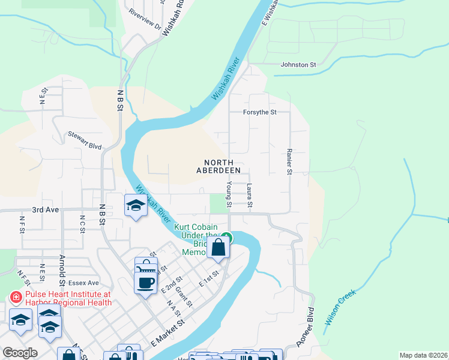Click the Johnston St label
[x=298, y=65]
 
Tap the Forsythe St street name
[x=259, y=112]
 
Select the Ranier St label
[x=289, y=163]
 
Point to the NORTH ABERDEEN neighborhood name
[x=223, y=166]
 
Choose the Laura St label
[x=249, y=197]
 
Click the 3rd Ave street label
[x=46, y=210]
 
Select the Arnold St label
[x=62, y=269]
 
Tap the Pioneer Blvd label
[x=305, y=328]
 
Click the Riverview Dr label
[x=145, y=27]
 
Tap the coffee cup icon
[x=145, y=281]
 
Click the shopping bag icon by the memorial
[x=219, y=247]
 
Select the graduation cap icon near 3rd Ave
[x=136, y=206]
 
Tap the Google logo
[x=19, y=352]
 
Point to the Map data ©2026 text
[x=423, y=355]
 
